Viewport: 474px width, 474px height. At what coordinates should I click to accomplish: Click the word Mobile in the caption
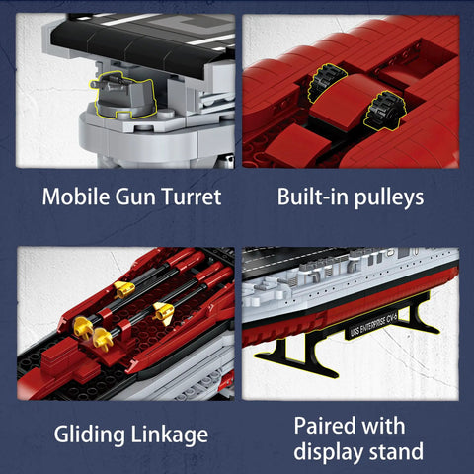[x=76, y=197]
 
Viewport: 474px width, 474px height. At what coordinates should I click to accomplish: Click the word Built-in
[x=313, y=197]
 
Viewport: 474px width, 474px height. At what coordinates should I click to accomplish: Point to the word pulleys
[x=389, y=198]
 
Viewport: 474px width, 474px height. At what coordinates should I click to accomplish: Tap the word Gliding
[x=90, y=435]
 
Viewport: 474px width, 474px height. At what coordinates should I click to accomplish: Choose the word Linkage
[x=170, y=435]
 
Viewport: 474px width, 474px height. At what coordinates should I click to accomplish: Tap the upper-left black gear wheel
[x=327, y=82]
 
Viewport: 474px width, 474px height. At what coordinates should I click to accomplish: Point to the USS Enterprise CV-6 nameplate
[x=373, y=324]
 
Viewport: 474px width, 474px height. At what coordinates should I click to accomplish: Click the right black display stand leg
[x=418, y=316]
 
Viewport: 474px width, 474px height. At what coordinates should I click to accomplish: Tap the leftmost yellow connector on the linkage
[x=82, y=327]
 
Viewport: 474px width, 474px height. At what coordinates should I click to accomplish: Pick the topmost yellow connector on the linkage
[x=124, y=289]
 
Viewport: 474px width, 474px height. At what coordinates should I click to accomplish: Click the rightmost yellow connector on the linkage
[x=164, y=312]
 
